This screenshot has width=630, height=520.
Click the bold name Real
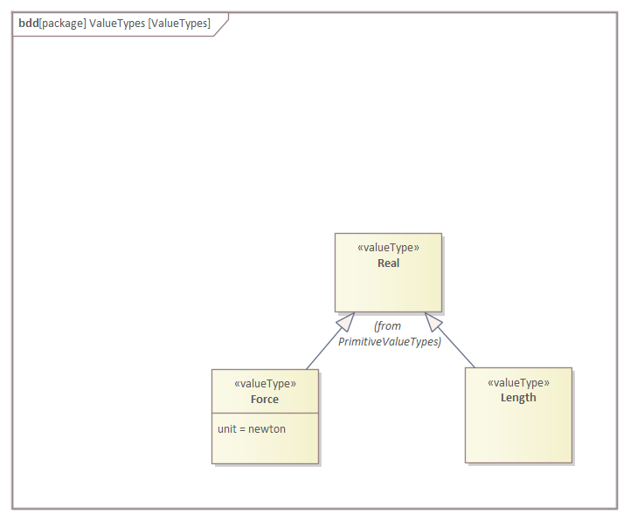[389, 263]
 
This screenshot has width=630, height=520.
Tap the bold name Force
[265, 399]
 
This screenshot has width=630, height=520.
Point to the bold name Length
[518, 397]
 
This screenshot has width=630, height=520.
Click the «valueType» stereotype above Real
[389, 247]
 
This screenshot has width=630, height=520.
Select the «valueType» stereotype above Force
[265, 383]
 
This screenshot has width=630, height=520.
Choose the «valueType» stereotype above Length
[518, 381]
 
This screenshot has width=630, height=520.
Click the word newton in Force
[267, 428]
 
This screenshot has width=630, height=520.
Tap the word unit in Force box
[227, 428]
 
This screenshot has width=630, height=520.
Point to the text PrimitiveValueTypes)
[390, 341]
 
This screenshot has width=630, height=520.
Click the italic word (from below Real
[388, 325]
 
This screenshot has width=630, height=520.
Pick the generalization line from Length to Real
[458, 350]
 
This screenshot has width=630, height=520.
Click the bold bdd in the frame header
[28, 23]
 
